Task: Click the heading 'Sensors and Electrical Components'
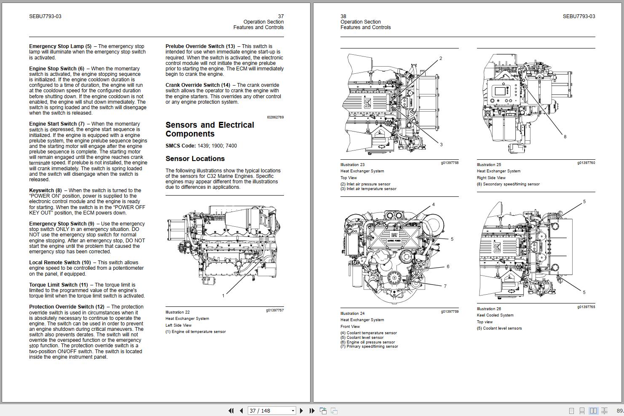[x=209, y=129]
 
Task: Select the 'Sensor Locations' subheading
[x=195, y=159]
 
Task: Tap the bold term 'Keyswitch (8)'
[x=45, y=191]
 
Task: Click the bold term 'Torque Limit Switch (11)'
[x=58, y=285]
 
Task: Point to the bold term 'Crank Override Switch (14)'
[x=198, y=85]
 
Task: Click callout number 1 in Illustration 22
[x=223, y=295]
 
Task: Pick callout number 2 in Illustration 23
[x=441, y=59]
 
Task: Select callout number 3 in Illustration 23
[x=441, y=145]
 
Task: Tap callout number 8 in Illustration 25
[x=565, y=137]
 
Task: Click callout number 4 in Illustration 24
[x=433, y=205]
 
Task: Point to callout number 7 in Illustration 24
[x=445, y=286]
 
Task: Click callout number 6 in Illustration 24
[x=448, y=266]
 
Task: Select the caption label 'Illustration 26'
[x=489, y=309]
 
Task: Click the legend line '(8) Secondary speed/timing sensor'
[x=508, y=184]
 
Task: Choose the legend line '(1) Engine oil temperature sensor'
[x=196, y=332]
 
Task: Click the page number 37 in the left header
[x=281, y=16]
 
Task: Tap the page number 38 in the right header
[x=343, y=16]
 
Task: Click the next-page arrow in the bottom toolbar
[x=301, y=411]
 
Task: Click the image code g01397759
[x=450, y=312]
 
